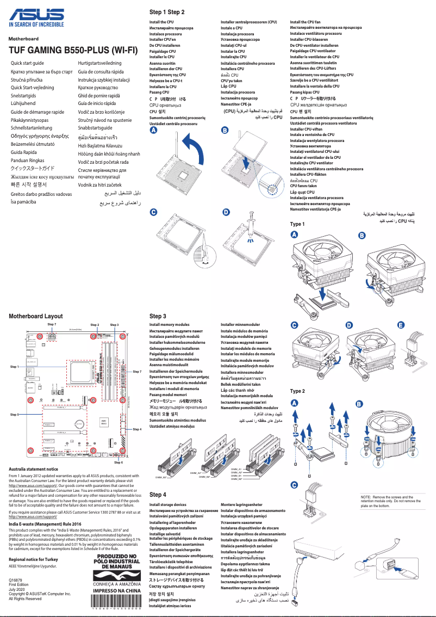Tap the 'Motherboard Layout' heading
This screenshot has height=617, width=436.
35,316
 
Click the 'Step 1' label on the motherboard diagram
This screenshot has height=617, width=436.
15,367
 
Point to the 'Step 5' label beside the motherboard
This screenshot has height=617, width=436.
15,415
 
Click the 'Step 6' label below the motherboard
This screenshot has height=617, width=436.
118,462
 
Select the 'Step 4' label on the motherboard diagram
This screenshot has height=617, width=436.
137,429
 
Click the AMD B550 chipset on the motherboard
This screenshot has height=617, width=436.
103,422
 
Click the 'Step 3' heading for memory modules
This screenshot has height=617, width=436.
158,316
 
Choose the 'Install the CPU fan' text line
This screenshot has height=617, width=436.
305,22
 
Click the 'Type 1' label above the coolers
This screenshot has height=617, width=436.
297,224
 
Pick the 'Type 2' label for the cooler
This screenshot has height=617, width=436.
297,391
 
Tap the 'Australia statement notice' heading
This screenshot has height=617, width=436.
34,469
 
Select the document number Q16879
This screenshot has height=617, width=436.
16,581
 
